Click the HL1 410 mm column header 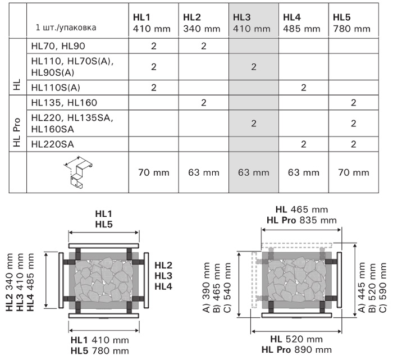(152, 23)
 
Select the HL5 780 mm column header (351, 23)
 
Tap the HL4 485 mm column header (301, 23)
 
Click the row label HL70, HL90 (58, 46)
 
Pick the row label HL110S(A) (56, 88)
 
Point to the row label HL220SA (53, 144)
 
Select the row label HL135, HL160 (64, 103)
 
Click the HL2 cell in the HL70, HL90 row (203, 46)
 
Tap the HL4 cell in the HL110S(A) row (304, 88)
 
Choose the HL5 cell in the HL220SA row (353, 144)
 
